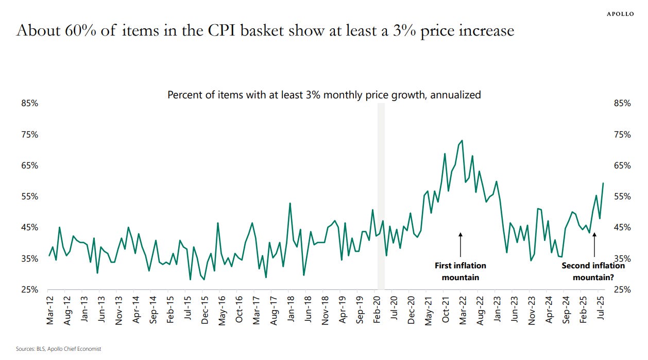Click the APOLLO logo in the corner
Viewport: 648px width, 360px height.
(619, 14)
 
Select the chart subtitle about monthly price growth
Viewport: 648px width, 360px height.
(324, 95)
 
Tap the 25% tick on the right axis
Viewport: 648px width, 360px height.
(622, 290)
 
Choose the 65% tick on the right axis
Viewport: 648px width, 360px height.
(622, 166)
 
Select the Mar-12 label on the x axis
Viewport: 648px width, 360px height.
(50, 311)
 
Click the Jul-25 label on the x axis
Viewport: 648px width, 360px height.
(601, 311)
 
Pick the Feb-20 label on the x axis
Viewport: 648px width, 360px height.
(376, 311)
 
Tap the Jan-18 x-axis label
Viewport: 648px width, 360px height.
(291, 311)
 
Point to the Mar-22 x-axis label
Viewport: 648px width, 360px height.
(462, 311)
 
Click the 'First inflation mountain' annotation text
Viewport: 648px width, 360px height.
(460, 271)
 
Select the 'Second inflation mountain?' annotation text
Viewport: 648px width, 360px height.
(593, 271)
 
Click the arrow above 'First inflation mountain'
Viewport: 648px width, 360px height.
(461, 244)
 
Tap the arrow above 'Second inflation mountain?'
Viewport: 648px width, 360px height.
(594, 244)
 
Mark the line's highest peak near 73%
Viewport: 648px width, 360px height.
(462, 141)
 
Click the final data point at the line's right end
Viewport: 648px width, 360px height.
(603, 183)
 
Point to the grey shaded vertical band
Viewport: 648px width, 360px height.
(381, 196)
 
